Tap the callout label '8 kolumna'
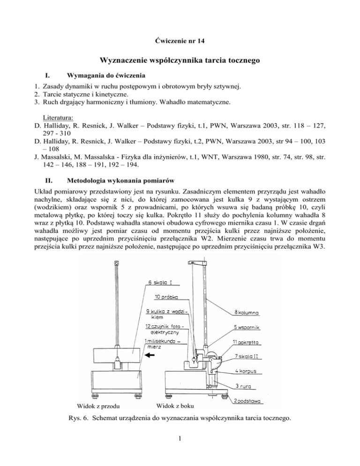[x=247, y=312]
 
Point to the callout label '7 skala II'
[x=247, y=357]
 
